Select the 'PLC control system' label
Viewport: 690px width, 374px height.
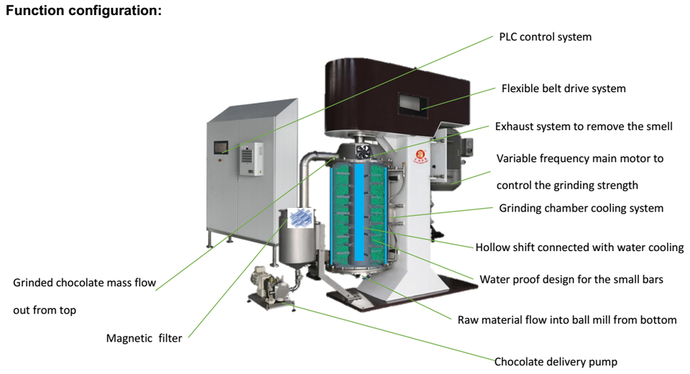pyautogui.click(x=545, y=37)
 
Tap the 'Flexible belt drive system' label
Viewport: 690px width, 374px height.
pyautogui.click(x=563, y=88)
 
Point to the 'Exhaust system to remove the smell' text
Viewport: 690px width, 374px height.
pyautogui.click(x=584, y=127)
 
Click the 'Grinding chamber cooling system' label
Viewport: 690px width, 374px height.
pyautogui.click(x=581, y=209)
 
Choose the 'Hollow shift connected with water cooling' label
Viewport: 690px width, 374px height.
pyautogui.click(x=579, y=247)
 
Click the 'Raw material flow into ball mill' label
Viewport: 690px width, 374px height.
pyautogui.click(x=567, y=319)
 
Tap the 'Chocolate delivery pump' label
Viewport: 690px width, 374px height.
pyautogui.click(x=556, y=362)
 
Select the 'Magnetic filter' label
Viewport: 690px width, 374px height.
pyautogui.click(x=144, y=338)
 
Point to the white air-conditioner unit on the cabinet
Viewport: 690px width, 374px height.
pyautogui.click(x=250, y=160)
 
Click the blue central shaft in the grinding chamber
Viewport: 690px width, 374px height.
pyautogui.click(x=360, y=216)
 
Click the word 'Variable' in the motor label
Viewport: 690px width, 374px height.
pyautogui.click(x=517, y=158)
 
